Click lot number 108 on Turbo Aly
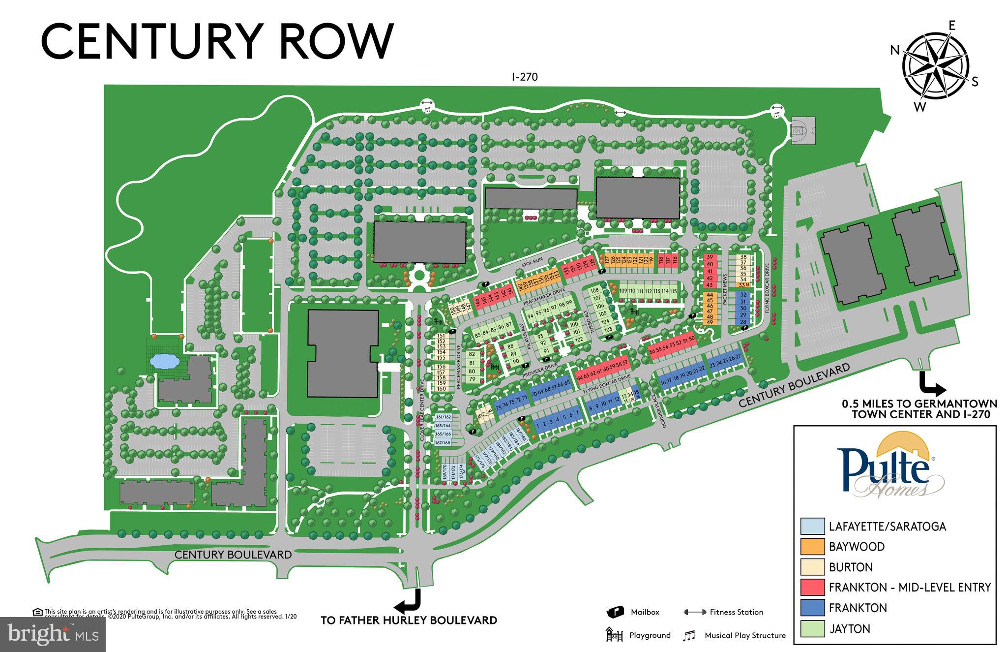pyautogui.click(x=595, y=290)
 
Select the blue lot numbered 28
pyautogui.click(x=743, y=322)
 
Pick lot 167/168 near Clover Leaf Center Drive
pyautogui.click(x=443, y=443)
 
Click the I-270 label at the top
pyautogui.click(x=524, y=77)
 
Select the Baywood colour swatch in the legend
pyautogui.click(x=812, y=547)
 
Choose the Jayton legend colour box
pyautogui.click(x=812, y=628)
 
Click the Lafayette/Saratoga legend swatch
pyautogui.click(x=812, y=526)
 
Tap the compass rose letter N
pyautogui.click(x=895, y=50)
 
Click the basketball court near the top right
pyautogui.click(x=803, y=130)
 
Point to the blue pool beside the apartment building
pyautogui.click(x=164, y=362)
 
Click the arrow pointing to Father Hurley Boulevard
pyautogui.click(x=410, y=600)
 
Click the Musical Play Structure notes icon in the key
pyautogui.click(x=689, y=636)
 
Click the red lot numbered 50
pyautogui.click(x=691, y=339)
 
